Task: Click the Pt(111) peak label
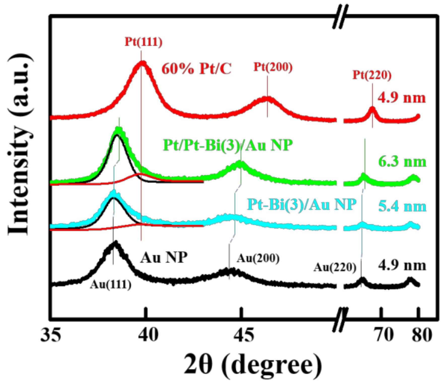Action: [143, 42]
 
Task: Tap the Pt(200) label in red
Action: [273, 67]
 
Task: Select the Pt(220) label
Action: [372, 75]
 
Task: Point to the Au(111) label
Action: [111, 285]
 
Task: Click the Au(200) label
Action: [258, 258]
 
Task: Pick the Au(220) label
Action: [335, 267]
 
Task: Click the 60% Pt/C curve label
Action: [196, 68]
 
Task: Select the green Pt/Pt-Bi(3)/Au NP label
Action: [228, 145]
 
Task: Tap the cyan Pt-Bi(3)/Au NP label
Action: [302, 204]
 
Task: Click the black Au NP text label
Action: [164, 257]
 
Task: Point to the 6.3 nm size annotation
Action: [402, 162]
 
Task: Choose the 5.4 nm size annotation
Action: [402, 206]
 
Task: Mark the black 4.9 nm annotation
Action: [402, 265]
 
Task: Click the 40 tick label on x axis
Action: [149, 335]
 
